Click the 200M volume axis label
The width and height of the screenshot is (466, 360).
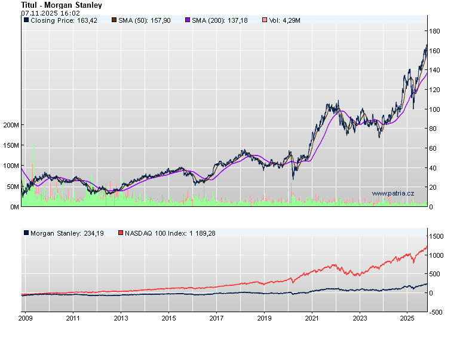(x=11, y=125)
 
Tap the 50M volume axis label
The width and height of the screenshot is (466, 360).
(x=13, y=187)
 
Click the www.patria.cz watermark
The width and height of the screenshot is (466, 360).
(x=393, y=193)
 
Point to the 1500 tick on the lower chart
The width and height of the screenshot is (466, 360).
(x=437, y=237)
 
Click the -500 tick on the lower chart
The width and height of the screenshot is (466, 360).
(x=436, y=312)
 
